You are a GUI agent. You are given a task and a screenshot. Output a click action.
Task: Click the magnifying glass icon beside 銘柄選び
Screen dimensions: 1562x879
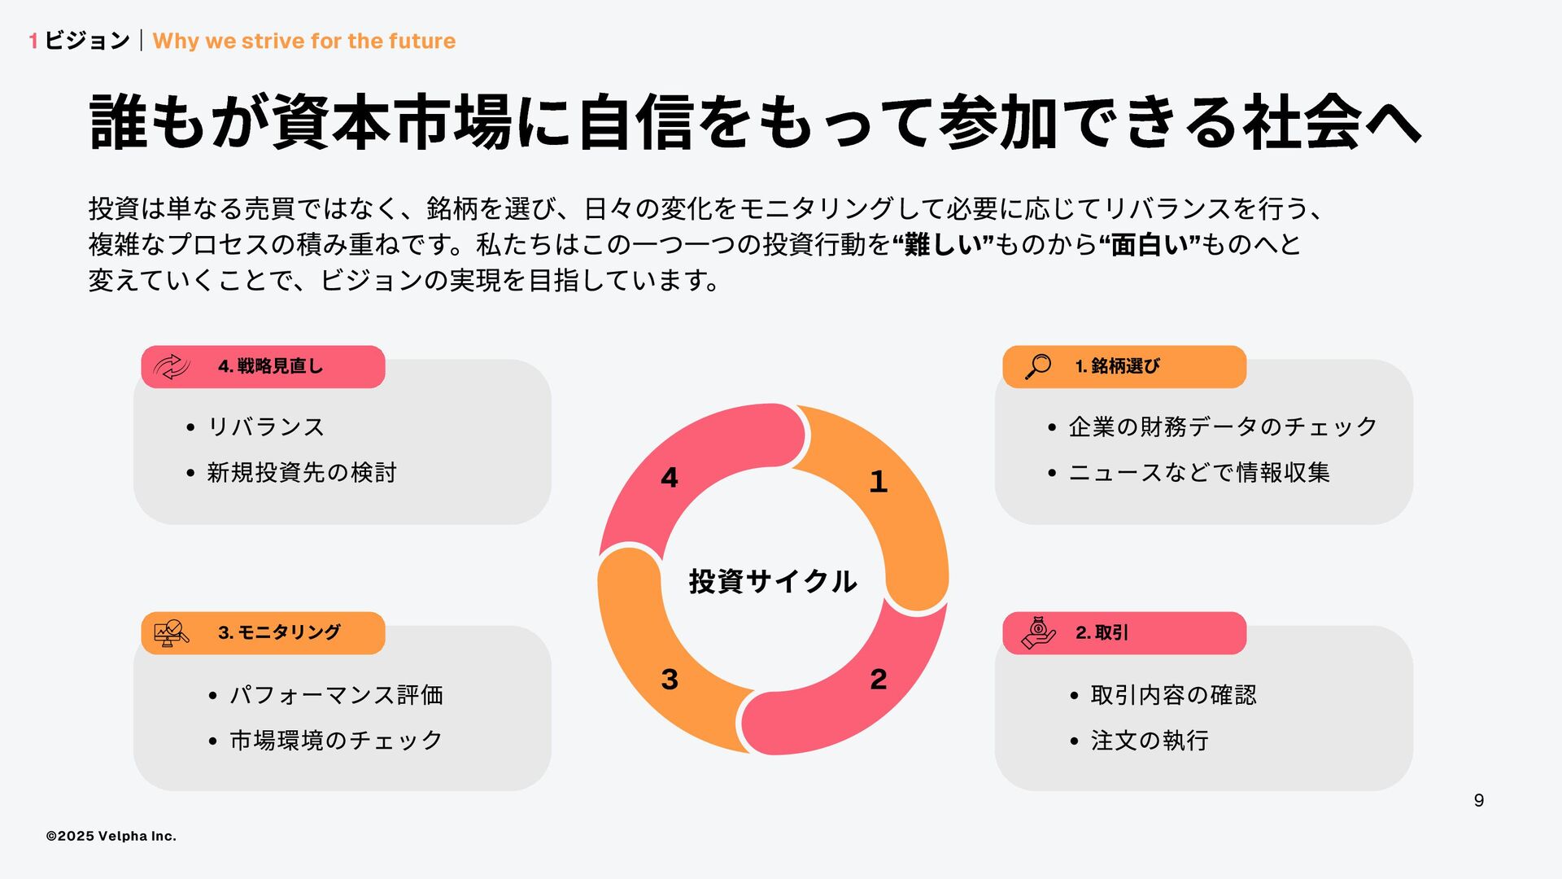coord(1038,366)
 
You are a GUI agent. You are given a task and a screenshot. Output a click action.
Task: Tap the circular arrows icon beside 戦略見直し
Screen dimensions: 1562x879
coord(172,366)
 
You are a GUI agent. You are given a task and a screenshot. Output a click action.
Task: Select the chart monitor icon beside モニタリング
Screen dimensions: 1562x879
coord(172,632)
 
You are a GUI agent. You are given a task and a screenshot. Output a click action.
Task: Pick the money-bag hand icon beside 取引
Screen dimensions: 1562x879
coord(1038,632)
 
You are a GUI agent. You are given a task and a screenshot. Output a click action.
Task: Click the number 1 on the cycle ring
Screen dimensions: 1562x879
coord(878,482)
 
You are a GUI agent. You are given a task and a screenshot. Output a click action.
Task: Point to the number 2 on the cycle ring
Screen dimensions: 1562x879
coord(878,680)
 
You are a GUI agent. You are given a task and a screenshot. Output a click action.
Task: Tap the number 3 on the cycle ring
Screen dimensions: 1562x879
coord(670,680)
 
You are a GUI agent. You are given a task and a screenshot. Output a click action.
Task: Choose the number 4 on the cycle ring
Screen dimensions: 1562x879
coord(670,478)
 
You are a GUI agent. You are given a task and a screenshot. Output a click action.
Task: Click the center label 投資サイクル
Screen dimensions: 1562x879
coord(773,581)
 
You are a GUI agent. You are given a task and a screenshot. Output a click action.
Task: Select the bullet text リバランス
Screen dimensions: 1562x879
coord(266,426)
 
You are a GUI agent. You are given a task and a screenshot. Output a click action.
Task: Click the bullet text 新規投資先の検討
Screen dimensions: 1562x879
coord(301,472)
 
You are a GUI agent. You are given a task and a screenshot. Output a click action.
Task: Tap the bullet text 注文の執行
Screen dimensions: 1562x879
coord(1150,741)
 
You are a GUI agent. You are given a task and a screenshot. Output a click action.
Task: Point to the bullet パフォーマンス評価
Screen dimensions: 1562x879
coord(336,695)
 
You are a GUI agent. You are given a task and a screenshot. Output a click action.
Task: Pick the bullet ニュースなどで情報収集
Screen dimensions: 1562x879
coord(1199,472)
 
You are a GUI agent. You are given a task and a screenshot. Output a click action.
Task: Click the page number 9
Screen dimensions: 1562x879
coord(1478,801)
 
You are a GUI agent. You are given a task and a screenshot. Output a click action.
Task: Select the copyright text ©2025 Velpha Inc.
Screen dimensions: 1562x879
coord(111,836)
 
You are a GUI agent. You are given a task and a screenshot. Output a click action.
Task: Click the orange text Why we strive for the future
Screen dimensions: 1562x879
coord(303,41)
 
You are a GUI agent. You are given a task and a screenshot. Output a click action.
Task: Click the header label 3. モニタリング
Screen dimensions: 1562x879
coord(279,632)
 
